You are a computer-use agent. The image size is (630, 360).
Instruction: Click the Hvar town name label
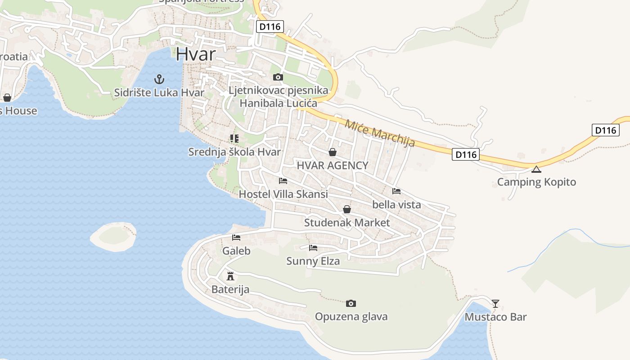[x=195, y=54]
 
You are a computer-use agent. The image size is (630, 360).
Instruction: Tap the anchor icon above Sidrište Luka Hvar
[x=159, y=80]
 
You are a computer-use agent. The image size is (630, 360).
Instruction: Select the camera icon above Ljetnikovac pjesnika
[x=278, y=77]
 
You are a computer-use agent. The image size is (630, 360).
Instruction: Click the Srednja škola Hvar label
[x=234, y=152]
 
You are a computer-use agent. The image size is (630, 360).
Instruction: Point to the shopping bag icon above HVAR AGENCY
[x=333, y=152]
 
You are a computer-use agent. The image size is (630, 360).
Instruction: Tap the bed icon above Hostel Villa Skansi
[x=283, y=181]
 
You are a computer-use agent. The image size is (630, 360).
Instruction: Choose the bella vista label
[x=396, y=204]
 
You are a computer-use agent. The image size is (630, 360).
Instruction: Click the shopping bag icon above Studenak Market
[x=347, y=209]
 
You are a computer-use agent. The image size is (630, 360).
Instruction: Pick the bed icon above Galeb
[x=236, y=238]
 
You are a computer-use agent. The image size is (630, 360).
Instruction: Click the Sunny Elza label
[x=313, y=261]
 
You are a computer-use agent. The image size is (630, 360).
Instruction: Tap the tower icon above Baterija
[x=230, y=276]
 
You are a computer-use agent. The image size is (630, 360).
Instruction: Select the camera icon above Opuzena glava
[x=351, y=303]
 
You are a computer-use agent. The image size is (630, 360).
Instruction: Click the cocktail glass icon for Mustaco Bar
[x=495, y=303]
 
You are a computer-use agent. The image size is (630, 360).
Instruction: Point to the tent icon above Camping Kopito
[x=536, y=169]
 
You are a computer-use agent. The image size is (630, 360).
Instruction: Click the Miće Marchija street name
[x=379, y=133]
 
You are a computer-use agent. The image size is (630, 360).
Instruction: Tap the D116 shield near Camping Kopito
[x=466, y=154]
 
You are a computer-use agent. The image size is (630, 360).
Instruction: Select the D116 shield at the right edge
[x=605, y=130]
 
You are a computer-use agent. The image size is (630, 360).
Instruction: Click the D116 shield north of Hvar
[x=270, y=27]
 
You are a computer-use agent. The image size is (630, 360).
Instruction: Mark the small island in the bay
[x=113, y=236]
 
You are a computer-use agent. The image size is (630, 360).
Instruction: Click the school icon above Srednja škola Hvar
[x=234, y=139]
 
